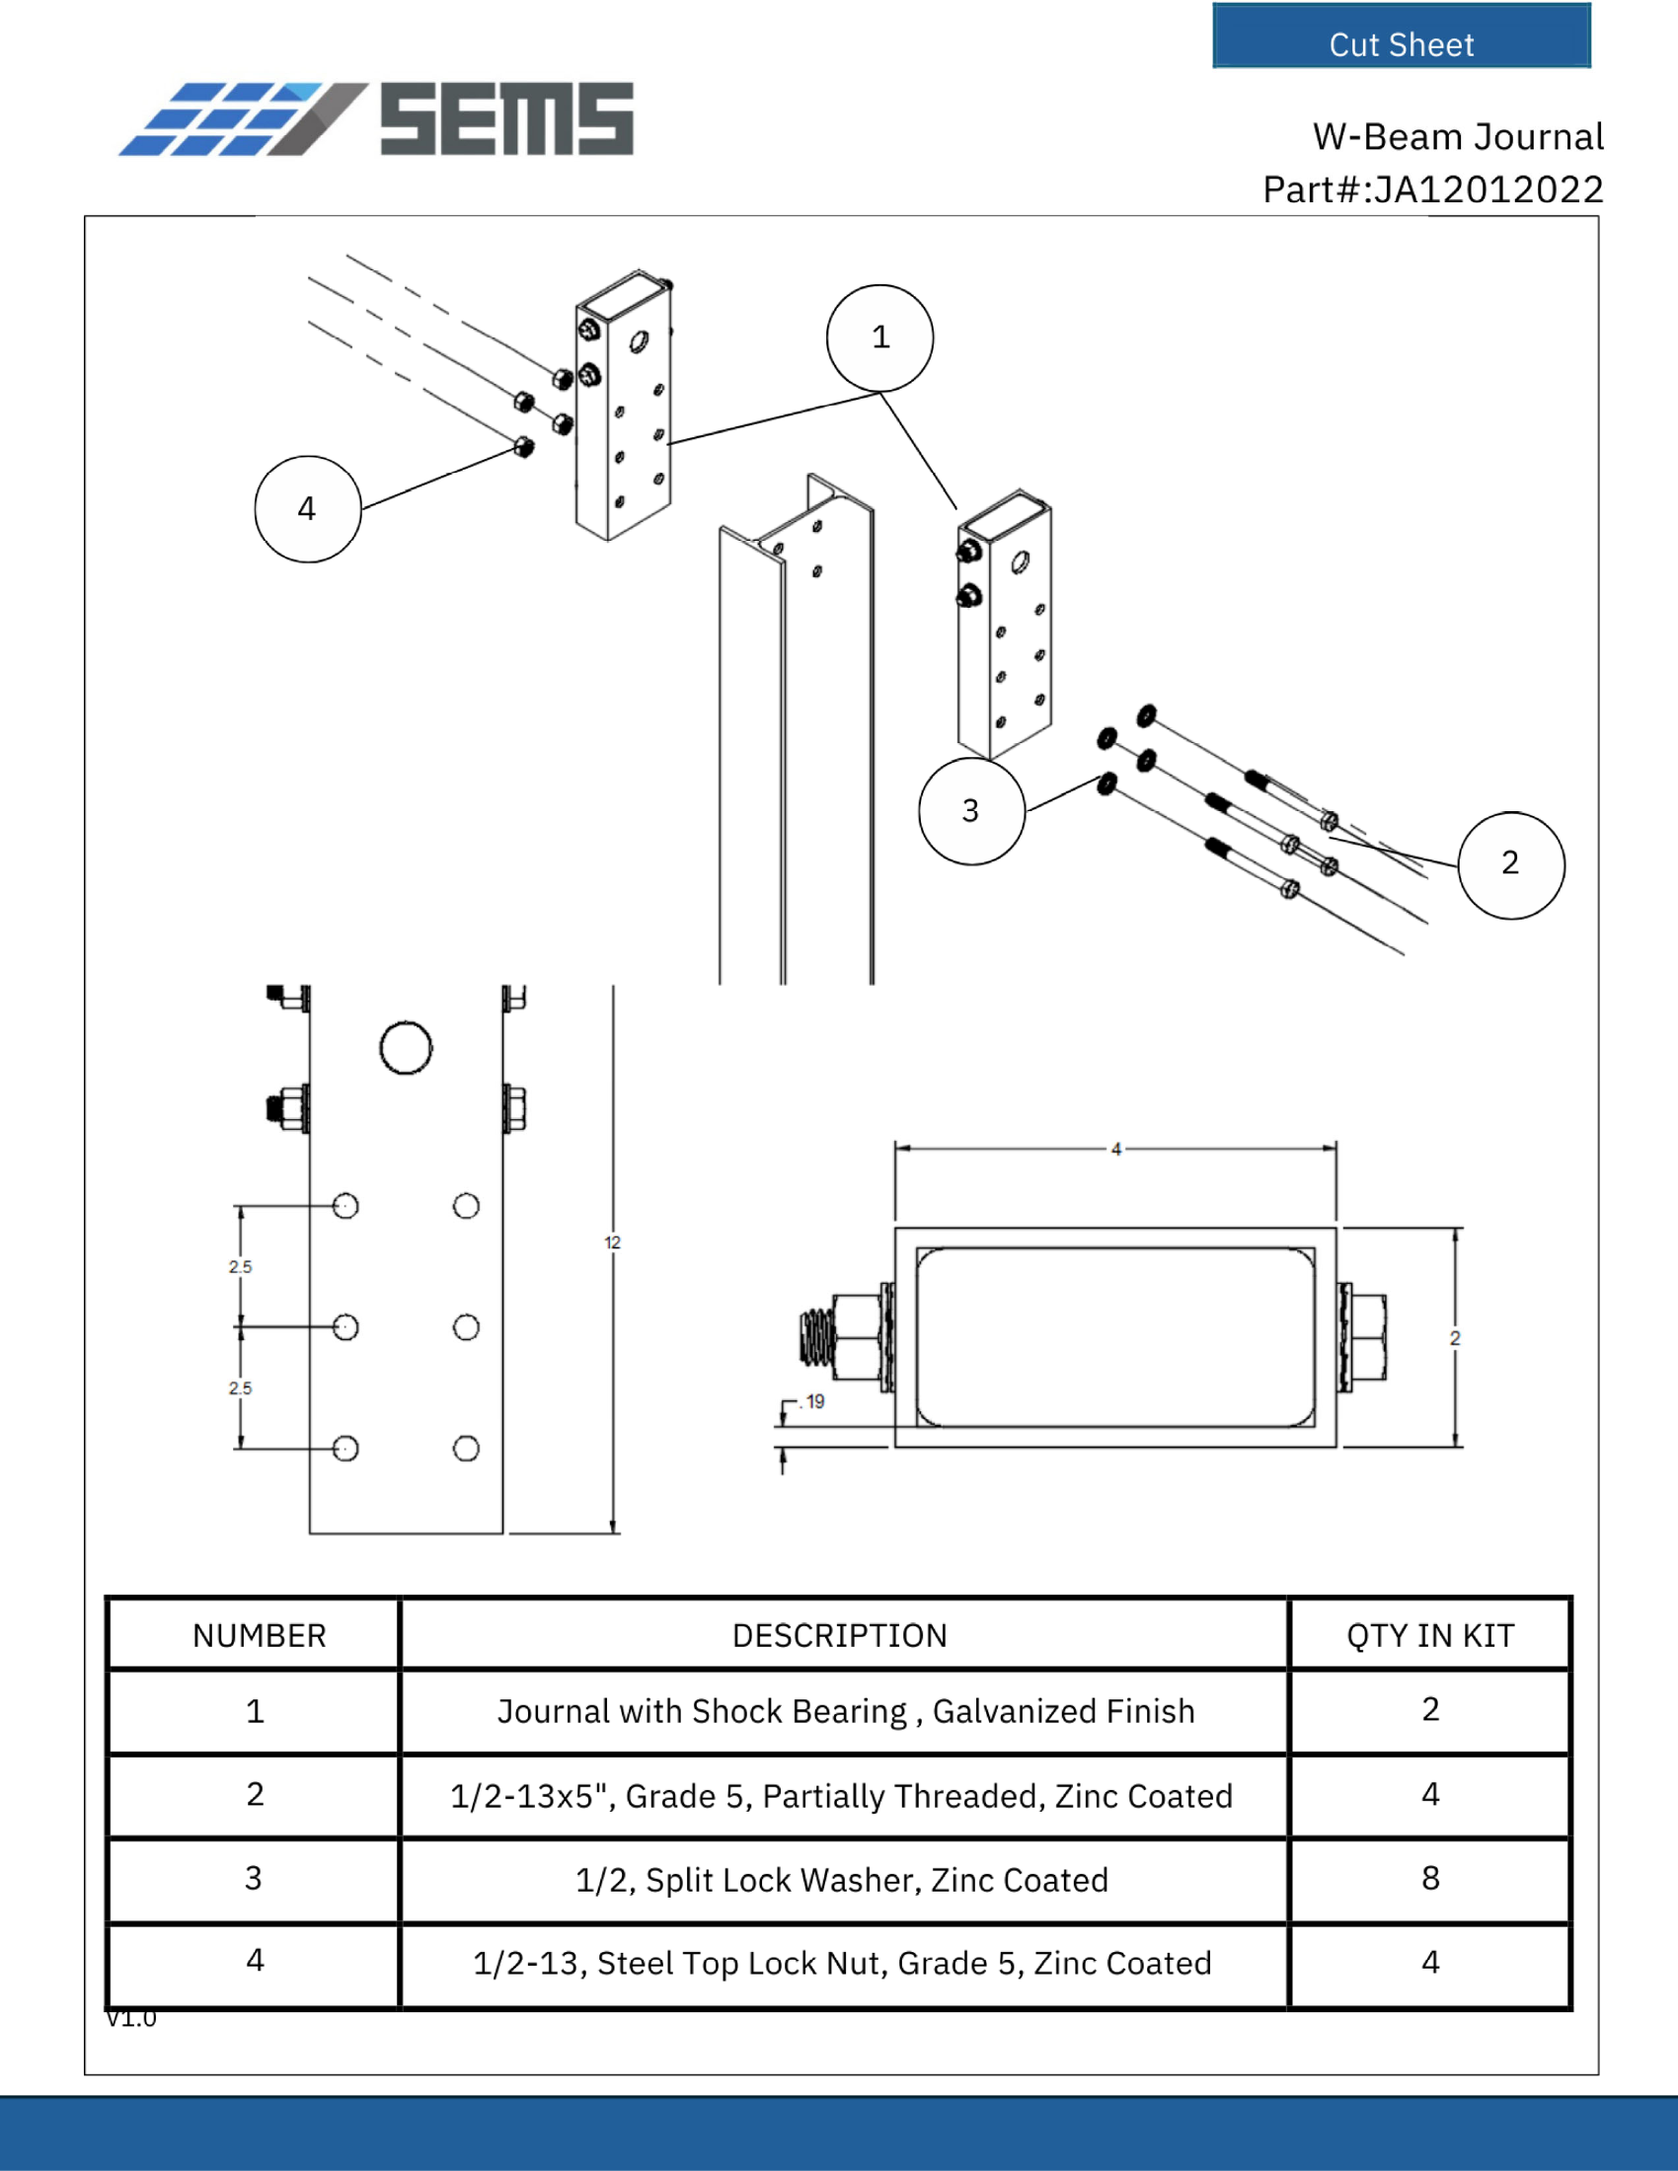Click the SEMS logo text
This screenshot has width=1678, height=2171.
(x=506, y=119)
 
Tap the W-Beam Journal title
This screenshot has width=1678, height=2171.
(x=1457, y=137)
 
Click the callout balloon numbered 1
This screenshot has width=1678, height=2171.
(x=879, y=337)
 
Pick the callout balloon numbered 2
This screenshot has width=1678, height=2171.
(x=1510, y=863)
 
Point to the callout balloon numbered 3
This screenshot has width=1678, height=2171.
(x=970, y=811)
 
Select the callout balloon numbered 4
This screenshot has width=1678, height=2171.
(x=307, y=509)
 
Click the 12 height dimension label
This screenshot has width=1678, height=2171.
(x=611, y=1242)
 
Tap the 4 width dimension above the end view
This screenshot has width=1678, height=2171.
(x=1115, y=1149)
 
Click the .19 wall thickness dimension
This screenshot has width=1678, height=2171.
(x=814, y=1401)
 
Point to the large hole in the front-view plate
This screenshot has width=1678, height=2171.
(x=406, y=1048)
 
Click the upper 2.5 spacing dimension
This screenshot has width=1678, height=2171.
(x=240, y=1266)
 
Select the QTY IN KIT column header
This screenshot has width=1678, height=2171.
(x=1429, y=1635)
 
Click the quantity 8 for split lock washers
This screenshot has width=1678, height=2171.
(x=1429, y=1878)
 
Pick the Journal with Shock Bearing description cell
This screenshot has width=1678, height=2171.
(x=845, y=1711)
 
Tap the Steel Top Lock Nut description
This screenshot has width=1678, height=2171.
(x=842, y=1963)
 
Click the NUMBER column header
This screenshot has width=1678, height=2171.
(x=259, y=1635)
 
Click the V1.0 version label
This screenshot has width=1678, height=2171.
(x=131, y=2018)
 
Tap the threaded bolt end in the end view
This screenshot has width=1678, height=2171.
(x=815, y=1337)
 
